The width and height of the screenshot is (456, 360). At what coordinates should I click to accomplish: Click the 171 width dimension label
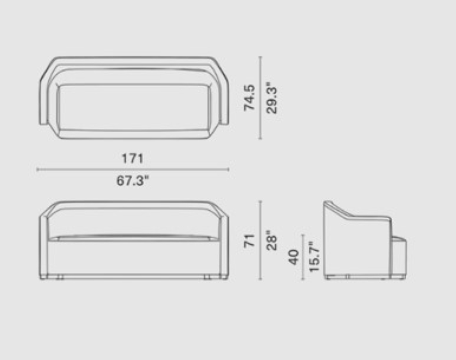pos(132,159)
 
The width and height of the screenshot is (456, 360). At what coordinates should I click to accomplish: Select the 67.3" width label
pos(132,181)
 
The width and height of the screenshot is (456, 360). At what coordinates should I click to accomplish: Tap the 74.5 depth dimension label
pos(249,97)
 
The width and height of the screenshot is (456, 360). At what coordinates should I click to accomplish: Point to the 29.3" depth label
pos(272,97)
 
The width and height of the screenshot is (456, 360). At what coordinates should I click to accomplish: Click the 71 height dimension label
pos(249,241)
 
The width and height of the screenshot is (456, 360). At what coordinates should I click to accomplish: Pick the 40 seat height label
pos(294,257)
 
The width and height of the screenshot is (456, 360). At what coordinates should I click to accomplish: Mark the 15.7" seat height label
pos(315,257)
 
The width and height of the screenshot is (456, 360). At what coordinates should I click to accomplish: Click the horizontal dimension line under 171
pos(132,170)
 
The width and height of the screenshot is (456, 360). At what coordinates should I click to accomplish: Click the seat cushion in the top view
pos(134,107)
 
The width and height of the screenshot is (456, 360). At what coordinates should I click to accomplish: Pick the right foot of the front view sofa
pos(208,277)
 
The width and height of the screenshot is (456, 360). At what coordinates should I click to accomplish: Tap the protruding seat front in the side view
pos(399,255)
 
